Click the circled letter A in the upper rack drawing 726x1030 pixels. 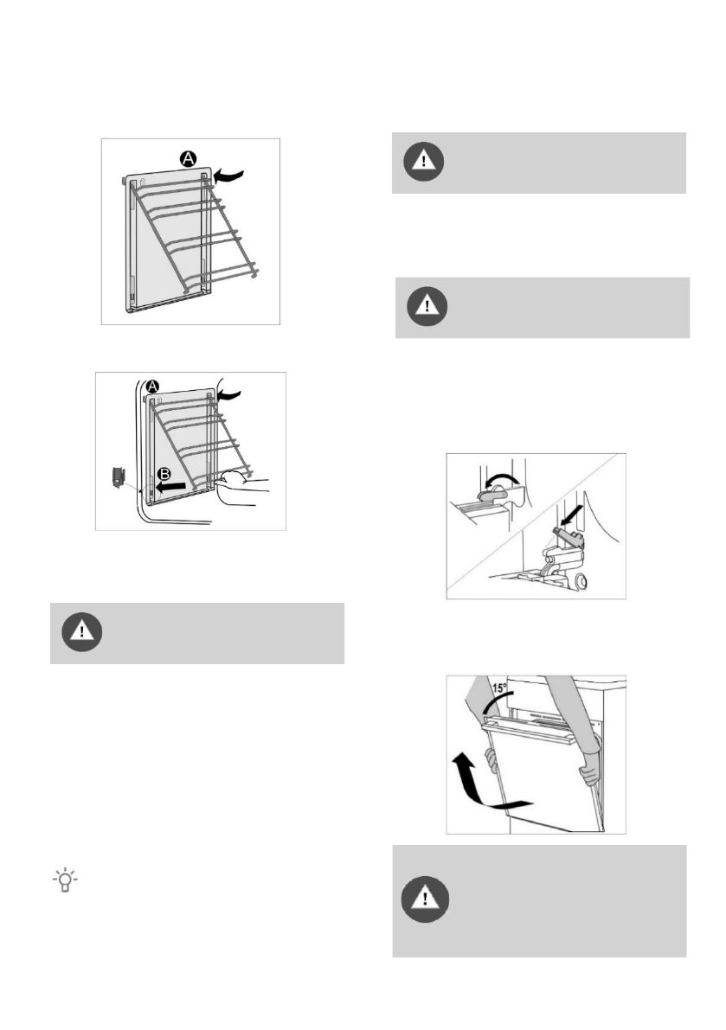coord(189,158)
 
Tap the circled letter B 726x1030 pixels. coord(164,474)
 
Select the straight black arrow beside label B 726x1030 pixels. coord(170,488)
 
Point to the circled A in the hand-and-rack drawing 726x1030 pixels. coord(152,387)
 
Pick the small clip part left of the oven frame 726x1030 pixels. coord(119,477)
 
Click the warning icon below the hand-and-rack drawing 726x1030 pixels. coord(82,632)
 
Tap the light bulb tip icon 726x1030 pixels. coord(65,880)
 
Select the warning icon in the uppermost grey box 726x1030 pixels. coord(424,162)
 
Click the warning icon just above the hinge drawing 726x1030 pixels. coord(427,306)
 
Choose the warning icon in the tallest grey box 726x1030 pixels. coord(425,899)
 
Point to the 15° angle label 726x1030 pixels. coord(499,688)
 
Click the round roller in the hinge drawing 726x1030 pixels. coord(580,581)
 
